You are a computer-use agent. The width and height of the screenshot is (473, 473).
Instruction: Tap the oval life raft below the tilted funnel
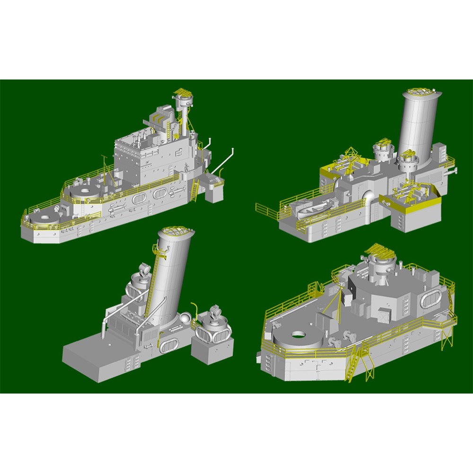pos(168,346)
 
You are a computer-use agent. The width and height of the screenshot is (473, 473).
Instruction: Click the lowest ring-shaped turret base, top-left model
pos(44,219)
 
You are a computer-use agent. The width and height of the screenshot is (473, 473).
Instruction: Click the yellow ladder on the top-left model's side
pos(194,190)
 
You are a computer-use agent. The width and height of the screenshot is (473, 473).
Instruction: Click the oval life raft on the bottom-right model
pos(429,299)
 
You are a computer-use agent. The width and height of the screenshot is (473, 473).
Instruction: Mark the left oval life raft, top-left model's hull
pos(139,198)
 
